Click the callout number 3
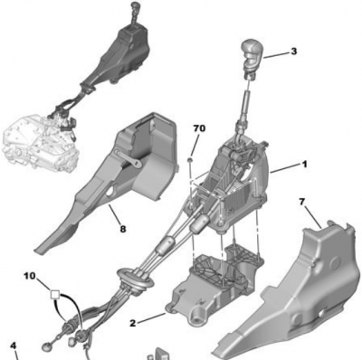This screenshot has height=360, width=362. tap(293, 52)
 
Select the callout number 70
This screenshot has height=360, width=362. tap(199, 128)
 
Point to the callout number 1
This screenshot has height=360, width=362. tap(304, 165)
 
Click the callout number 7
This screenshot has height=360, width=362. tap(302, 202)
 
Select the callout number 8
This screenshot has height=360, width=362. tap(123, 229)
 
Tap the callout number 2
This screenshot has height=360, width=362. tap(133, 323)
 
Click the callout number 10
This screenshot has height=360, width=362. tap(30, 276)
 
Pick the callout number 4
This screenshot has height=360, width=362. tap(13, 346)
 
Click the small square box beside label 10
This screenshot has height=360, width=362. tap(54, 294)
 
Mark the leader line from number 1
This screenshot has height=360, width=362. tap(285, 168)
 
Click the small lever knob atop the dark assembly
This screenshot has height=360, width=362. tap(135, 6)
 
